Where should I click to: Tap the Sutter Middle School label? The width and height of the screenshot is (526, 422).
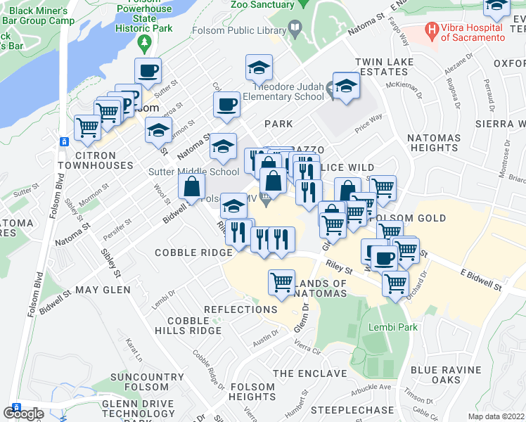pyautogui.click(x=193, y=172)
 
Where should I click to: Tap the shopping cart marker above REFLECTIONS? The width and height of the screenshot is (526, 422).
pyautogui.click(x=281, y=281)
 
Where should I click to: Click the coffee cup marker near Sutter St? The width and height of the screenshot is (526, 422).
pyautogui.click(x=148, y=70)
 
